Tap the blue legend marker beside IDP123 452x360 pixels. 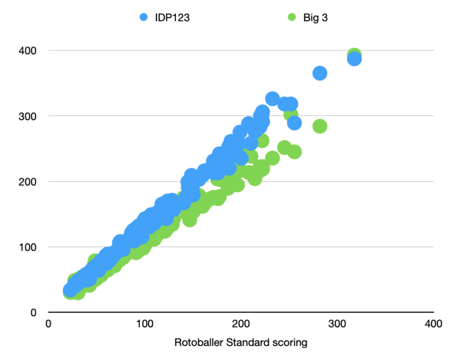(144, 17)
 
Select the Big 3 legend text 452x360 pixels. (316, 17)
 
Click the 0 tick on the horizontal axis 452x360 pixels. (49, 324)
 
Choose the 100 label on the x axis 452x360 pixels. (145, 324)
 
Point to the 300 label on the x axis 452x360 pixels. (337, 324)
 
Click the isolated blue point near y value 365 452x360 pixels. (320, 74)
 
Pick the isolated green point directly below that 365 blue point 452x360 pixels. (320, 126)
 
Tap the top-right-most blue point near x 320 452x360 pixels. (354, 59)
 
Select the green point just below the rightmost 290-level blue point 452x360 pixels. (294, 152)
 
